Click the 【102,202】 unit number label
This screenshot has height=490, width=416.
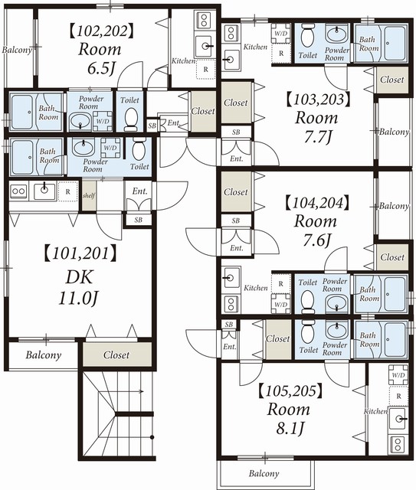coord(101,31)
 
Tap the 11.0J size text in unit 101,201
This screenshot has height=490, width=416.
coord(78,299)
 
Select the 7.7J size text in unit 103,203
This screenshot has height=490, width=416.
coord(317,136)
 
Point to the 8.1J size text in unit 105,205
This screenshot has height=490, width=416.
coord(290,429)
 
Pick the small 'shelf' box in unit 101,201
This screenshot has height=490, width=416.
coord(89,196)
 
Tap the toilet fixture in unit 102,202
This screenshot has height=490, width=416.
coord(131,119)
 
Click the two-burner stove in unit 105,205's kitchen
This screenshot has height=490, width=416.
coord(398,444)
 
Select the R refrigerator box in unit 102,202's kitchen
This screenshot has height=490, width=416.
coord(205,70)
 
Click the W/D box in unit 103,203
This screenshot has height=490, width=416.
coord(281,34)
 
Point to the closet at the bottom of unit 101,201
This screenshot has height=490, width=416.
coord(117,354)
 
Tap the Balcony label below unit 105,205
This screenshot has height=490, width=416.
coord(264,473)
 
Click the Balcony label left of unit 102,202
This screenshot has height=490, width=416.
coord(17,50)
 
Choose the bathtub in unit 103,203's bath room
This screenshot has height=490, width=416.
coord(395,43)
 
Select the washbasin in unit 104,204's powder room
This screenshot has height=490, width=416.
coord(336,302)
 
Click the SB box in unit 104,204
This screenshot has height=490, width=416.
coord(236,220)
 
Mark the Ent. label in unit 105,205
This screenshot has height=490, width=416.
coord(229,347)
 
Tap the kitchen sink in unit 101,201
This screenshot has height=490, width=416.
coord(44,191)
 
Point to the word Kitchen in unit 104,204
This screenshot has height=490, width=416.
coord(256,288)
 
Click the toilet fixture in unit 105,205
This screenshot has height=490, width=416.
coord(308,332)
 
